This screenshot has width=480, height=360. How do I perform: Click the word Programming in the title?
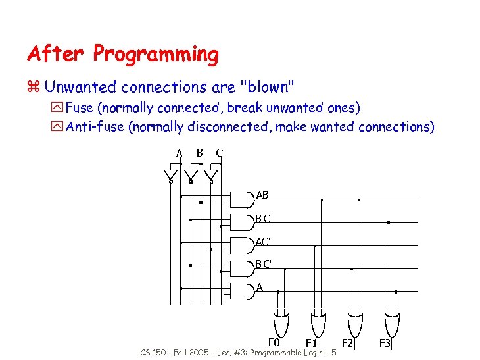[156, 55]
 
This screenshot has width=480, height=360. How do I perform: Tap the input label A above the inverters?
[179, 153]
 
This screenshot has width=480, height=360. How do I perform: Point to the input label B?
[199, 153]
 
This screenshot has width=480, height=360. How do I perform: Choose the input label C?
[219, 153]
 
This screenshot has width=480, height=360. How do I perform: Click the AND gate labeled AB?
[243, 197]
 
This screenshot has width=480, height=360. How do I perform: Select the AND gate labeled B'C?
[243, 219]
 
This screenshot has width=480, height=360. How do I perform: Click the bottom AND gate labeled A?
[243, 290]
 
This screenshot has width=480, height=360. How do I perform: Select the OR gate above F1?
[318, 323]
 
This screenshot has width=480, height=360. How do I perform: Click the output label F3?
[385, 343]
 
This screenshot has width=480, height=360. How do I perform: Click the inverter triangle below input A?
[170, 176]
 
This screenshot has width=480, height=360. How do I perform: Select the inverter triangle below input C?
[210, 176]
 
